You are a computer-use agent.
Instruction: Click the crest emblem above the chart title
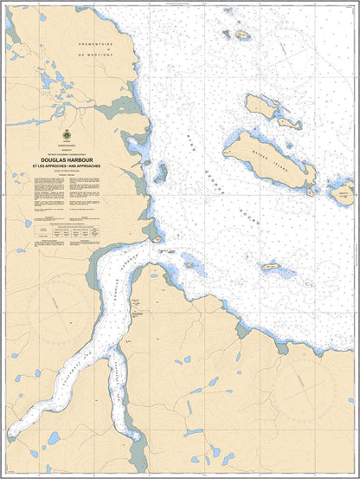point(67,137)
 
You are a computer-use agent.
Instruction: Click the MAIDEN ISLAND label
point(270,159)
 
